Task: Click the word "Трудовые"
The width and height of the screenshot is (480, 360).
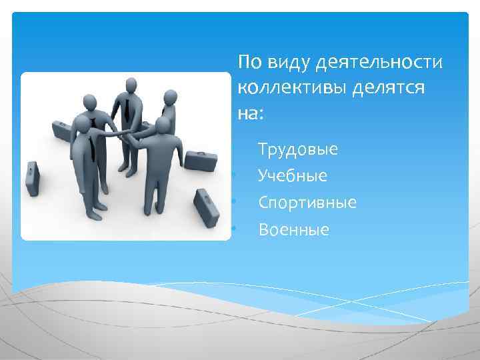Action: tap(298, 149)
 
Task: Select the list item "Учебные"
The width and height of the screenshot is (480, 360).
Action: tap(293, 176)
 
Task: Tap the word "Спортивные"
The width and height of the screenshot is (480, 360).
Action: tap(307, 203)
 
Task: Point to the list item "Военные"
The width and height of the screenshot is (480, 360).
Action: tap(294, 230)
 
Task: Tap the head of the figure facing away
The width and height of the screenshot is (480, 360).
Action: tap(163, 127)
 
